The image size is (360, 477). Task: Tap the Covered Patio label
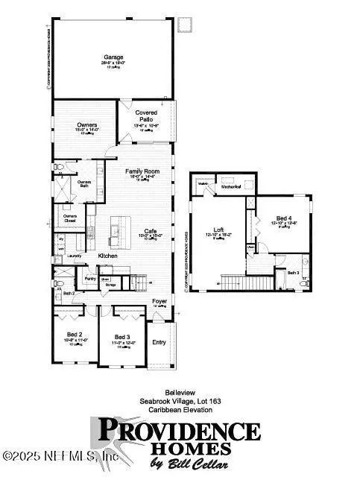coord(145,115)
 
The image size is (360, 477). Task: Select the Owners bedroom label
coord(87,124)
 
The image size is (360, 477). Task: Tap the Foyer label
coord(159,301)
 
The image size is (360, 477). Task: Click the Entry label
coord(159,342)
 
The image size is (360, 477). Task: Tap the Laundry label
coord(74,256)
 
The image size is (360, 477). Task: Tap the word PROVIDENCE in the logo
coord(179,432)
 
